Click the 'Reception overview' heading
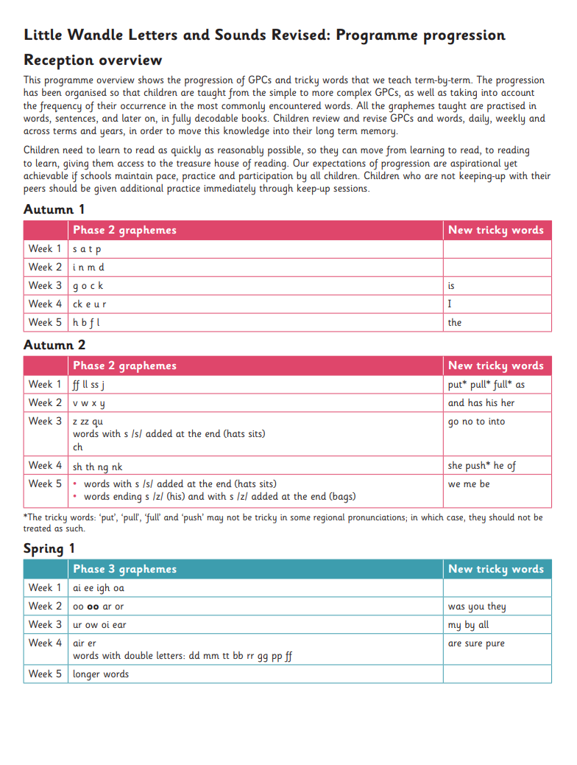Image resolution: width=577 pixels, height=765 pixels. pos(93,60)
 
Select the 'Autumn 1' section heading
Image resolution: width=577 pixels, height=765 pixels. pos(54,209)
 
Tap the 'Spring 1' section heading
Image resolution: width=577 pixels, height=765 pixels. pos(49,548)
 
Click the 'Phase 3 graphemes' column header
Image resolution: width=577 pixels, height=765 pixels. pos(124,569)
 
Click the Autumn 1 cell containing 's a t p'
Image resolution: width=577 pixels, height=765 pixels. pos(87,249)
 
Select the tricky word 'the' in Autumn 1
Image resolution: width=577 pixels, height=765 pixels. pos(455,323)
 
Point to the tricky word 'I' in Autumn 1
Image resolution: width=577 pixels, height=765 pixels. pos(450,304)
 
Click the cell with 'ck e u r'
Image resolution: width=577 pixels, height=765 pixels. pos(90,304)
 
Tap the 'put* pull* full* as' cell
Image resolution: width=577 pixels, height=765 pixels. pos(486,385)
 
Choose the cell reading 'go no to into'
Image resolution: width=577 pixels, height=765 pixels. pos(476,422)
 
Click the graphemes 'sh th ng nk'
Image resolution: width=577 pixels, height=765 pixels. pos(98,466)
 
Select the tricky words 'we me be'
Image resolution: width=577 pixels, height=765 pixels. pos(469,484)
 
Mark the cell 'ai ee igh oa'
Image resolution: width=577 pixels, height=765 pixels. pos(98,588)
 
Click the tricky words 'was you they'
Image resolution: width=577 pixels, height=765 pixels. pos(477,607)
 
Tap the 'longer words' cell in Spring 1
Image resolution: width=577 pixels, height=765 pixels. pos(101,674)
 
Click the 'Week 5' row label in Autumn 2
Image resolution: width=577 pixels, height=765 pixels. pos(45,484)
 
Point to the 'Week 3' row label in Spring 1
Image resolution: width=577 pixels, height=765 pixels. pos(45,625)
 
